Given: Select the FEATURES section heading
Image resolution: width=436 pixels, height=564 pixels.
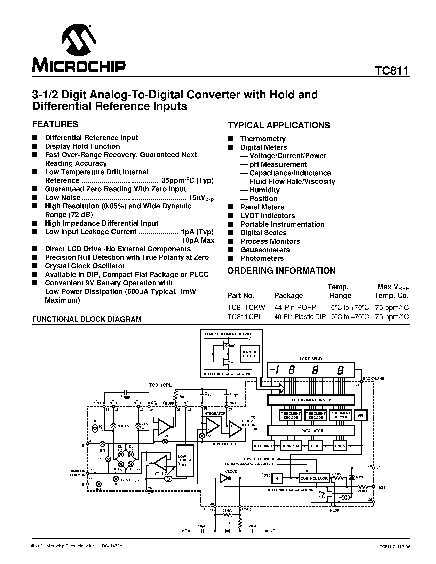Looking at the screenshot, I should point(55,124).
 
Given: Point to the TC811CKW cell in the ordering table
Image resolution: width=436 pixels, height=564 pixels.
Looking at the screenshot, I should point(246,307).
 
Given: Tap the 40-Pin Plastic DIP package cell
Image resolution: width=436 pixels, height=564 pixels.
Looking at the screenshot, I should point(300,317).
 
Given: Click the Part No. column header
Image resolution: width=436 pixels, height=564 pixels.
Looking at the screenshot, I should point(241,295).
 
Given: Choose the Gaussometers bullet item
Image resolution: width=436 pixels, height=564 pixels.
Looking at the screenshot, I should point(265,250).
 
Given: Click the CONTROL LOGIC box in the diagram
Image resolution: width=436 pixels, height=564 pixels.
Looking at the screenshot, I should point(314,478).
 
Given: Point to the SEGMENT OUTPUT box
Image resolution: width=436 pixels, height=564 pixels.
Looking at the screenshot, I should point(249,354).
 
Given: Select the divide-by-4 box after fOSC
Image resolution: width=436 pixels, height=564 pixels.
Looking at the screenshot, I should point(277,478).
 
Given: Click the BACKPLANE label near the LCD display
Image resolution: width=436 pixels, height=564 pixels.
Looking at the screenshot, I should point(373,379).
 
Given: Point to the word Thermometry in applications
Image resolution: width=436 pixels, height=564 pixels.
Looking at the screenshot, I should point(263,139).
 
